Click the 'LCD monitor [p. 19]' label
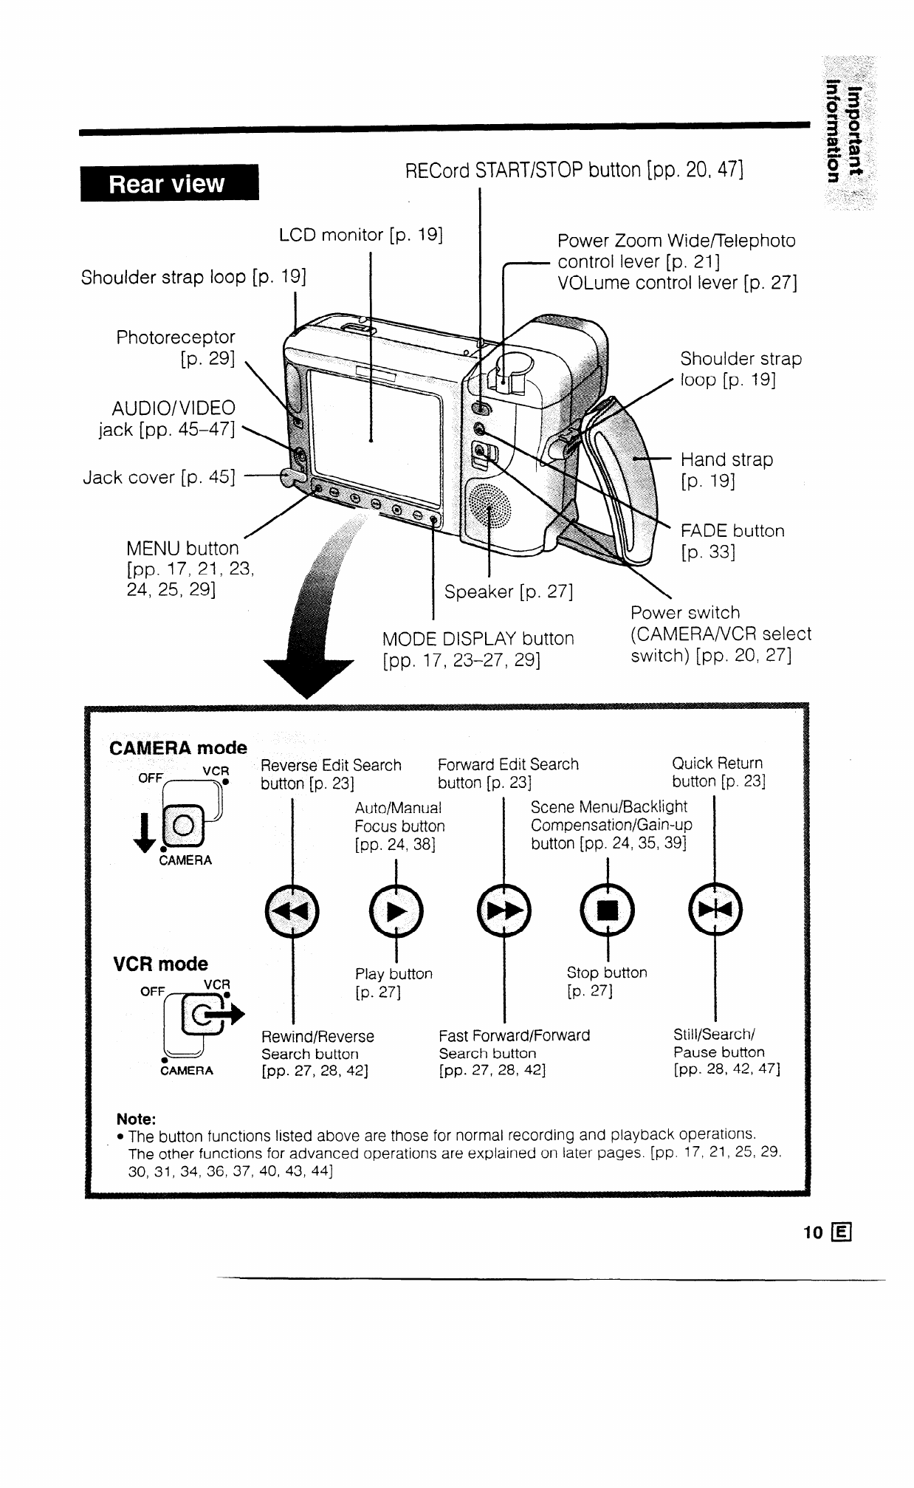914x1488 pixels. tap(361, 236)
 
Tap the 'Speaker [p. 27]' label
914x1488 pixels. tap(509, 592)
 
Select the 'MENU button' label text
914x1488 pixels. tap(183, 549)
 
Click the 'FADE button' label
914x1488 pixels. tap(732, 531)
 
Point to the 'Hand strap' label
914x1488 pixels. tap(726, 460)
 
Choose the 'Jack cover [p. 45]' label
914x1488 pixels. tap(159, 478)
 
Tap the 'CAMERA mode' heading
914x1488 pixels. tap(178, 748)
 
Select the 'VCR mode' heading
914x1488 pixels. tap(160, 964)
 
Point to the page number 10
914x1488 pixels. tap(813, 1232)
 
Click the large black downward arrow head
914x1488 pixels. tap(308, 672)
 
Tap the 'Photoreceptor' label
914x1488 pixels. tap(176, 337)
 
